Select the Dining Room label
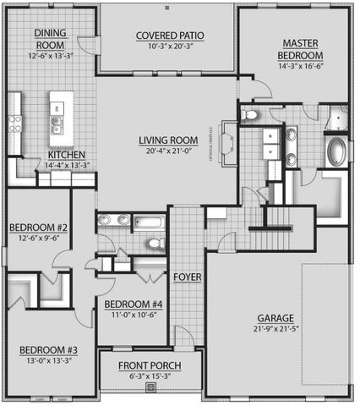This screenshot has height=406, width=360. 51,39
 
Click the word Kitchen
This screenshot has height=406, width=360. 65,155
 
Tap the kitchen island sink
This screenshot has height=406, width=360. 57,126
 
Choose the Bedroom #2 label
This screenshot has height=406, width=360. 38,228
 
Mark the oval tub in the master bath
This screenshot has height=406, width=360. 336,153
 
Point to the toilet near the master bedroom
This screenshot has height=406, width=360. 251,114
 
